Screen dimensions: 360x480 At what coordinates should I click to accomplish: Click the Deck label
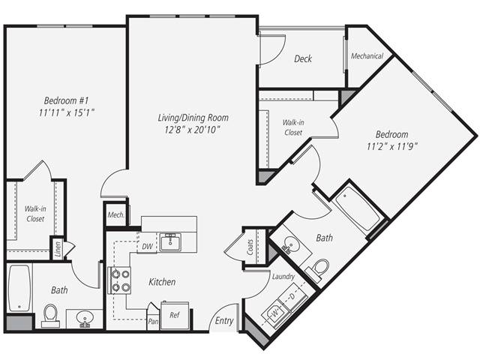coord(303,59)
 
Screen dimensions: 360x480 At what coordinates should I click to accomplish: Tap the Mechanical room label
coord(367,56)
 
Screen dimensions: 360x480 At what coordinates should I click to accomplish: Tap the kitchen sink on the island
coord(170,241)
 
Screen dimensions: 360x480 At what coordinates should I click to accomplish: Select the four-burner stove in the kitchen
coord(120,279)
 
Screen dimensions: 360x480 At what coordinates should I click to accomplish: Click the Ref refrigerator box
coord(174,315)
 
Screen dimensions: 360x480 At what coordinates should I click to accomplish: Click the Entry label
coord(224,321)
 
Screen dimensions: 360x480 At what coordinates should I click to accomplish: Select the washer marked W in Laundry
coord(275,309)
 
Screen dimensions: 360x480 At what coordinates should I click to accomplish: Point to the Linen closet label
coord(57,249)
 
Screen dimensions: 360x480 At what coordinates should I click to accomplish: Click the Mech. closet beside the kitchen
coord(115,214)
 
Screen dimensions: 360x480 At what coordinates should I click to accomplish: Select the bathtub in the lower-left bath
coord(18,288)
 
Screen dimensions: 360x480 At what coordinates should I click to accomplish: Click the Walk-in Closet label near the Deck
coord(292,127)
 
